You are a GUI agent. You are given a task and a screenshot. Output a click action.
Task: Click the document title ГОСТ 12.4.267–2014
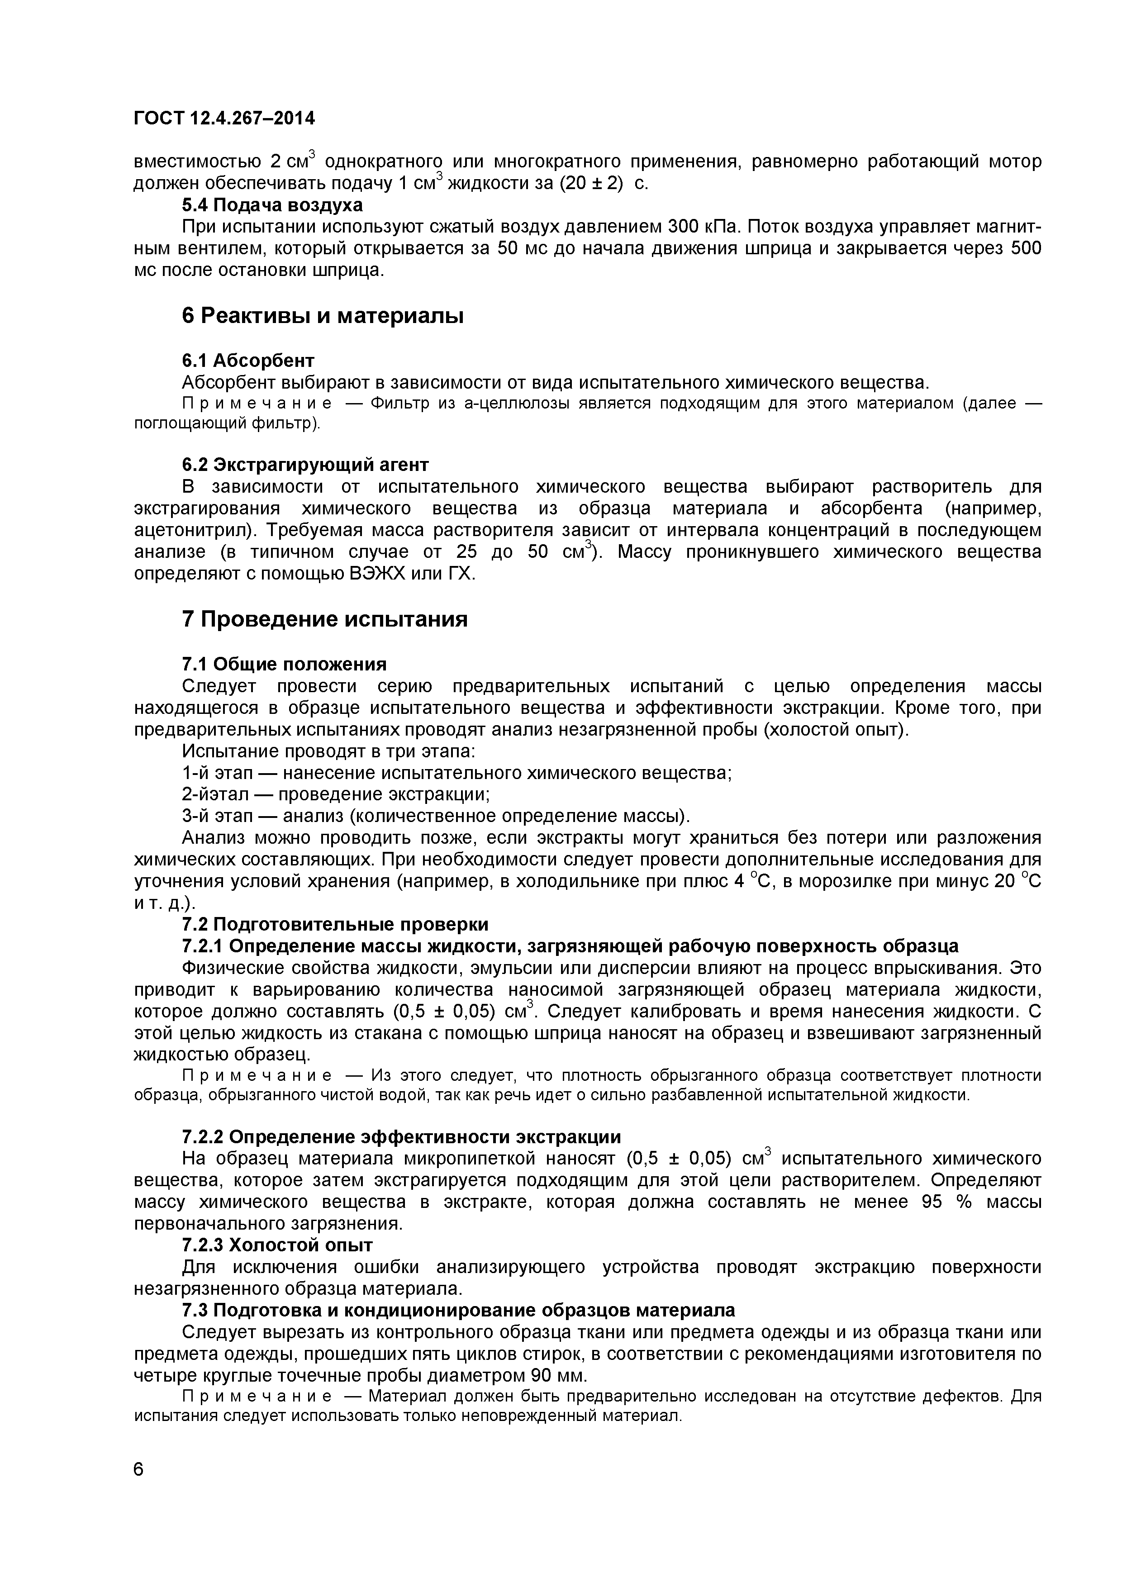pyautogui.click(x=224, y=119)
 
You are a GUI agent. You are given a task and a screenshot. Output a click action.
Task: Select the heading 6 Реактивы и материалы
pyautogui.click(x=322, y=316)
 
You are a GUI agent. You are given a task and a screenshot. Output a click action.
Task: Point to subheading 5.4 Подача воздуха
pyautogui.click(x=272, y=205)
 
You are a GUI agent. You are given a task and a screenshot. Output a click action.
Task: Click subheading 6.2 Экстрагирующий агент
pyautogui.click(x=305, y=464)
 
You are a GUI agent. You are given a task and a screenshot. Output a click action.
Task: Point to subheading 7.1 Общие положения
pyautogui.click(x=283, y=664)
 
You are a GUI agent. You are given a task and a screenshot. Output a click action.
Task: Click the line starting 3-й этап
pyautogui.click(x=436, y=816)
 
